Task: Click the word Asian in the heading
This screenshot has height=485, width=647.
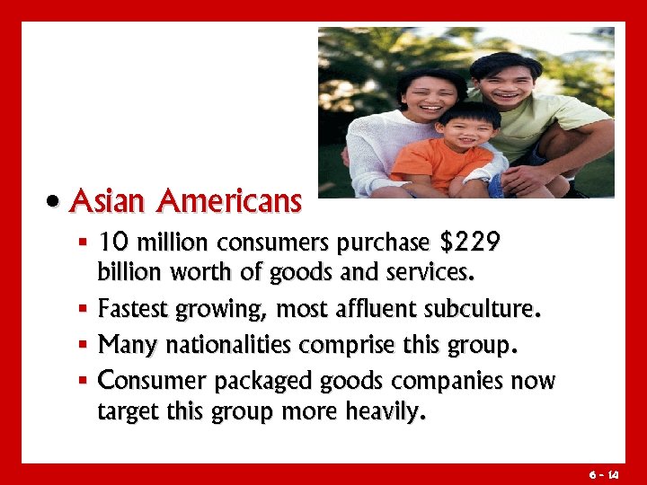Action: point(107,201)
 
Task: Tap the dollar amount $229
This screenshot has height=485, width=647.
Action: point(471,243)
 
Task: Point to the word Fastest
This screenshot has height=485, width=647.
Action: point(135,311)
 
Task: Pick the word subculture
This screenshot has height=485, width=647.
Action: point(486,311)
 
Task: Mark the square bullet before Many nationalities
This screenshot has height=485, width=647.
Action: point(83,345)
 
